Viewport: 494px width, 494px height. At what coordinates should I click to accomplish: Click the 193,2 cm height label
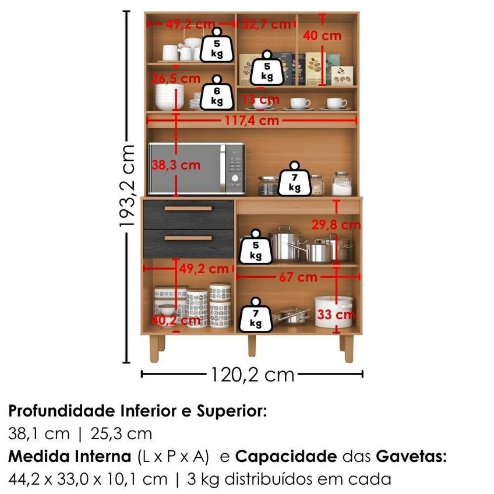coord(128,186)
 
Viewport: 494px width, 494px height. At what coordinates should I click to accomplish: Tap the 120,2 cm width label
coord(252,375)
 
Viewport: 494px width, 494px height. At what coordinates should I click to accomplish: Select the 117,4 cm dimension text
coord(252,121)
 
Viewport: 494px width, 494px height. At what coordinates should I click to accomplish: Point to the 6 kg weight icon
coord(217,93)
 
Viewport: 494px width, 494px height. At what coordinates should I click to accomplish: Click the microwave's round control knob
coord(235,178)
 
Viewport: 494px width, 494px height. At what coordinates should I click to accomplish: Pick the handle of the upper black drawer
coord(188,209)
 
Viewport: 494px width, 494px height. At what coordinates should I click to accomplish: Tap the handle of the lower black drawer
coord(188,238)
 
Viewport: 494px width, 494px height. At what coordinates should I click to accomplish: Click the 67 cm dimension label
coord(298,277)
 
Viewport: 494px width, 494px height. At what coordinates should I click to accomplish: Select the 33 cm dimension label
coord(336,315)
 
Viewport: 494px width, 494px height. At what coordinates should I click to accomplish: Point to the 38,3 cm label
coord(176,165)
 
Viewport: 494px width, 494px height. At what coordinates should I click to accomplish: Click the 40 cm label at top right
coord(322,36)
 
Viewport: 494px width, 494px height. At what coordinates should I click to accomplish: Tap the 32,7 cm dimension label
coord(267,24)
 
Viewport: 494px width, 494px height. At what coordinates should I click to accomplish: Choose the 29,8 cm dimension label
coord(336,225)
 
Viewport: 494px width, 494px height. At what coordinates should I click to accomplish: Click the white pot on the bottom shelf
coord(333,312)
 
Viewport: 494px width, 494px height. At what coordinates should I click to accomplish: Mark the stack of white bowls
coord(170,97)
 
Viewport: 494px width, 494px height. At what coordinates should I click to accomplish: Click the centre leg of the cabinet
coord(252,345)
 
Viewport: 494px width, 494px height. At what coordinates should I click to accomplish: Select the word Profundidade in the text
coord(62,411)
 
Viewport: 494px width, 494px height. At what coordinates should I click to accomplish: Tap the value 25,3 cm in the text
coord(121,434)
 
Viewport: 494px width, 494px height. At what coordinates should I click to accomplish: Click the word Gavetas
coord(411,457)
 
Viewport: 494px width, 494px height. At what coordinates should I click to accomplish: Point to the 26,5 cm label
coord(176,79)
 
